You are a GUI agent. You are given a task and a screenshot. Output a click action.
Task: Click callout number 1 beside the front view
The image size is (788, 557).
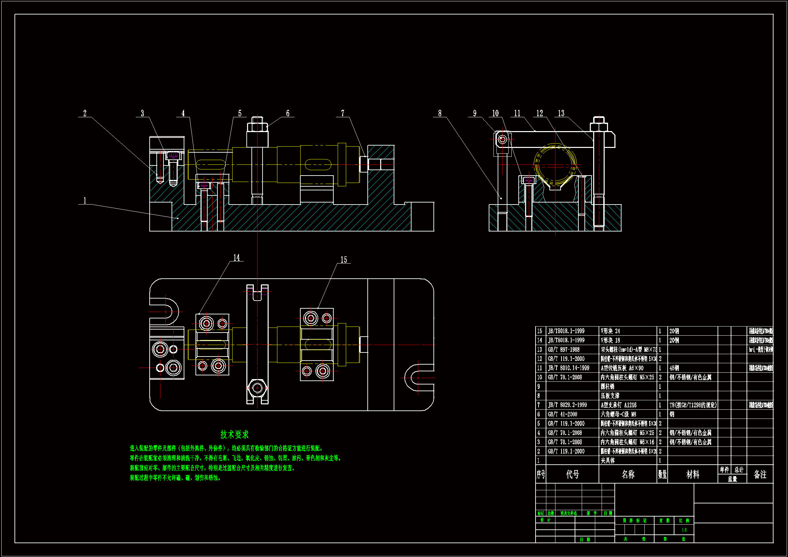[85, 200]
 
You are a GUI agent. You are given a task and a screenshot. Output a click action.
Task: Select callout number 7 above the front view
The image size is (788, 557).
[342, 113]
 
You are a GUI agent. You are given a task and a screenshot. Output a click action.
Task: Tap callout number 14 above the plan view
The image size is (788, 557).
[237, 258]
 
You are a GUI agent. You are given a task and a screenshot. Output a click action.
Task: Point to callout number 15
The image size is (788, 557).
[343, 260]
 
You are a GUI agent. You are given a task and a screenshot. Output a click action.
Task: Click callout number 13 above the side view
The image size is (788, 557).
[561, 113]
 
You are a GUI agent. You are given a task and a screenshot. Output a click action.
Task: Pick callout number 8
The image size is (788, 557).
[440, 113]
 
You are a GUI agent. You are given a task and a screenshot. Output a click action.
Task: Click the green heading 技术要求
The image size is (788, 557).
[234, 434]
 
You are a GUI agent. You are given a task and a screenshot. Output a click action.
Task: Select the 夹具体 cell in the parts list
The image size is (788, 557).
[607, 461]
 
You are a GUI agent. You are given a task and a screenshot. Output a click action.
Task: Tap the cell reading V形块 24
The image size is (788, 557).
[610, 331]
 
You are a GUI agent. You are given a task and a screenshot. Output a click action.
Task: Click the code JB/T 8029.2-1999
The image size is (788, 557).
[567, 405]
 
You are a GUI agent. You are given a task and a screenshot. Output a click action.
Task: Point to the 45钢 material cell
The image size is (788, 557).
[674, 368]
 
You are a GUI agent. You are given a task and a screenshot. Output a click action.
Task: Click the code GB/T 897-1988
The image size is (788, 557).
[564, 350]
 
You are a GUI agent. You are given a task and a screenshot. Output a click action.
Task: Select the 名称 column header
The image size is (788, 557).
[628, 474]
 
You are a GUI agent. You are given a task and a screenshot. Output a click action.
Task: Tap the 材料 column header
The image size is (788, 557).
[693, 474]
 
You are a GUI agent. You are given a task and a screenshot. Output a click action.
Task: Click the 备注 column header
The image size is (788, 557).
[760, 474]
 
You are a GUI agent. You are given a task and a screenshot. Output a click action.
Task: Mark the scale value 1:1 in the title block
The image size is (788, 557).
[684, 530]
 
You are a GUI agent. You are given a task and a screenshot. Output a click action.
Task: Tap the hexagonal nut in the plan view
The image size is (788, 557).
[257, 388]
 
